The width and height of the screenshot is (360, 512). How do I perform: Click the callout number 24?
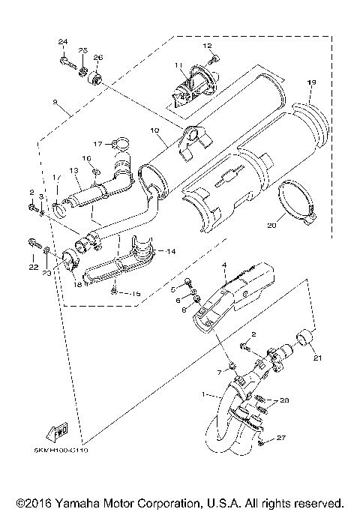(x=63, y=40)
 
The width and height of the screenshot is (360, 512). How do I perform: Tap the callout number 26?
(x=98, y=58)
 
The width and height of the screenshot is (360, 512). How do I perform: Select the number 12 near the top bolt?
(x=208, y=46)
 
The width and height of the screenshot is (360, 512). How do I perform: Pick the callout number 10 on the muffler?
(x=154, y=130)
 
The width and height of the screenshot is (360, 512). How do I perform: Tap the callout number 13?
(x=74, y=171)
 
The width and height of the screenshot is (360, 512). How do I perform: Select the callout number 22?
(x=34, y=267)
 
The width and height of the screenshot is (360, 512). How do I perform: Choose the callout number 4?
(x=223, y=265)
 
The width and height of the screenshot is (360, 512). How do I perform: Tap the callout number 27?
(x=281, y=437)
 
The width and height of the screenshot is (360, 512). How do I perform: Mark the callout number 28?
(x=283, y=401)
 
